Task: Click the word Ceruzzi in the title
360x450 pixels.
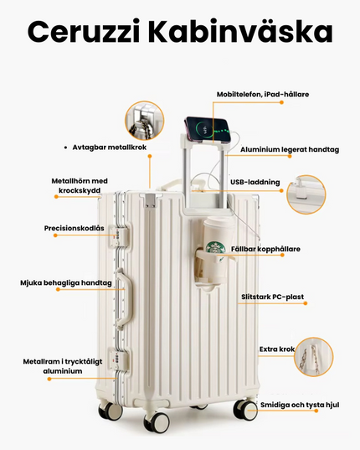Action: (84, 31)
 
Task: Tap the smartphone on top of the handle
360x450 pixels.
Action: (208, 129)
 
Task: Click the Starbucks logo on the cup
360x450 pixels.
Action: (215, 249)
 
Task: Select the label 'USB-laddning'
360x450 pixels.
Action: (255, 182)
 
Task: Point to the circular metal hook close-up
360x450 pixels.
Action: (145, 121)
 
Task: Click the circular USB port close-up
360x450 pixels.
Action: (306, 194)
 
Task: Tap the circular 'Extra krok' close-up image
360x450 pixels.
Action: (314, 357)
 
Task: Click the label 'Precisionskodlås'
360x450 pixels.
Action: (75, 228)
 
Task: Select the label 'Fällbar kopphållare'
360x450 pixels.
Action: (265, 249)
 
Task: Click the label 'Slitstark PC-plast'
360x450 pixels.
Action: (273, 297)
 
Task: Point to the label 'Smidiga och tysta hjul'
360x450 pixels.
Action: (300, 405)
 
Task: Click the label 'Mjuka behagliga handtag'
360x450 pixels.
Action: (66, 283)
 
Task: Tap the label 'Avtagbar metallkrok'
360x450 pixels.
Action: (110, 147)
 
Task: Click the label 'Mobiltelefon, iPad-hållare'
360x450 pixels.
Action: (263, 95)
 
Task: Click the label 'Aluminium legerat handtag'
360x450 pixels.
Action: (290, 149)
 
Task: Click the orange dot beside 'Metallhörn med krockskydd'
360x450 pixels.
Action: (56, 197)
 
